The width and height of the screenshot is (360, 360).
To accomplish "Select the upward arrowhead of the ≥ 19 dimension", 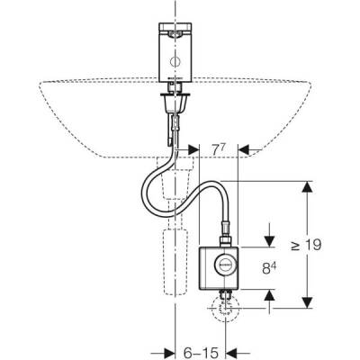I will click(x=307, y=186).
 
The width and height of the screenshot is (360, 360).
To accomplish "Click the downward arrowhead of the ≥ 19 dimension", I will click(x=307, y=301).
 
